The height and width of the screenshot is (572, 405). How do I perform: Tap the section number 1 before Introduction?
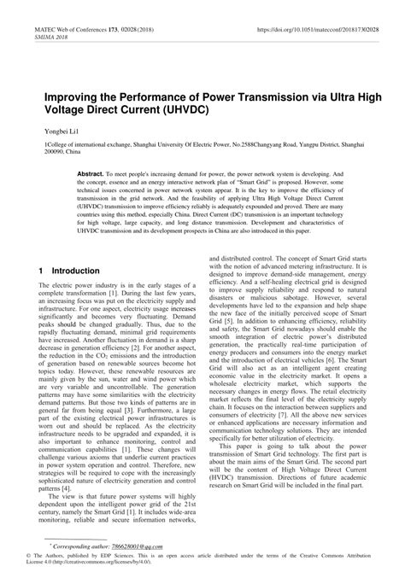41,271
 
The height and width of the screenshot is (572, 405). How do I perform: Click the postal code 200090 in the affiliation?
50,154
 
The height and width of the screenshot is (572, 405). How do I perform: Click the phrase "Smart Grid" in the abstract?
258,181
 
